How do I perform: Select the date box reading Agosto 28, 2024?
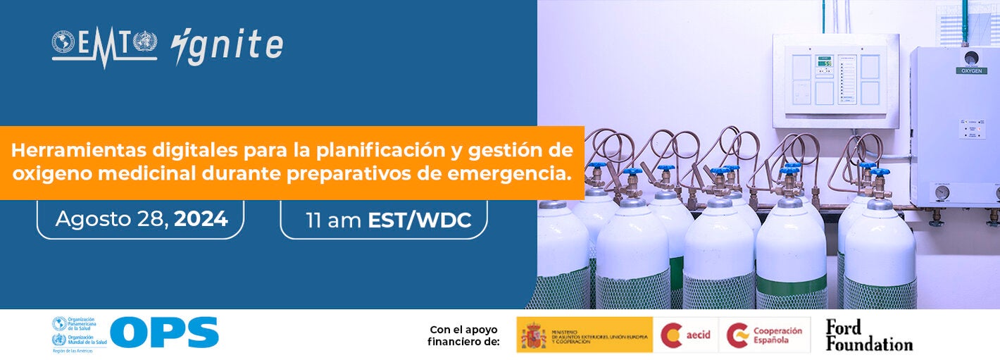[141, 219]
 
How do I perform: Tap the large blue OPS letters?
[164, 333]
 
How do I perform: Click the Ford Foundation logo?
[868, 335]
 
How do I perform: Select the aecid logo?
[685, 335]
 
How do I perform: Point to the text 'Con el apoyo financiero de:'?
[463, 335]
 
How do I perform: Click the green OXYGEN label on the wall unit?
[971, 70]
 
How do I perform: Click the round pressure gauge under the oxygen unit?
[942, 192]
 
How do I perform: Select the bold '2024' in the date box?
[201, 219]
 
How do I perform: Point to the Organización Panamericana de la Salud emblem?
[59, 324]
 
